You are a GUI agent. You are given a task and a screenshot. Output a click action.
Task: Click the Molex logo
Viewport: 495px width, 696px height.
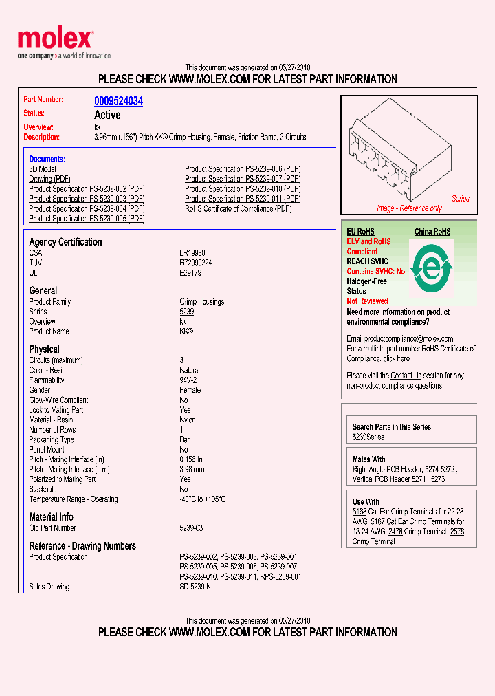pos(54,40)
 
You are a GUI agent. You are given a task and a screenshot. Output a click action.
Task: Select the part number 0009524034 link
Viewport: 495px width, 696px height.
pos(118,101)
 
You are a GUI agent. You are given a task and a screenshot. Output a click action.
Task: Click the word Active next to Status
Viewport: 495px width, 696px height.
pos(107,115)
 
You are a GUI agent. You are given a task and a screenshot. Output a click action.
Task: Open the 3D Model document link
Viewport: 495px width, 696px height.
pos(43,169)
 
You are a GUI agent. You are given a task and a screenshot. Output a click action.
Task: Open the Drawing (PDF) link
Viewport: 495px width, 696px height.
pos(49,179)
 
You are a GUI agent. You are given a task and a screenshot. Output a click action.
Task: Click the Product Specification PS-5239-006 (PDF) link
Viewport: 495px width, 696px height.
pos(243,169)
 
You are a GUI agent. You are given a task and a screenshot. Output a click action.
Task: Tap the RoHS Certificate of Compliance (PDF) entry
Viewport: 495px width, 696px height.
pos(238,208)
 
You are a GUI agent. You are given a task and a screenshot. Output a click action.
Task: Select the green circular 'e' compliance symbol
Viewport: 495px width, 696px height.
pos(431,267)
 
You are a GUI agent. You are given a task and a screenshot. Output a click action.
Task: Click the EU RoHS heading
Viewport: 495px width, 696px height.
pos(360,232)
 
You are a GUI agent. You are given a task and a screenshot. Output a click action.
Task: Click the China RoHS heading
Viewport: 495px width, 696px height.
pos(432,232)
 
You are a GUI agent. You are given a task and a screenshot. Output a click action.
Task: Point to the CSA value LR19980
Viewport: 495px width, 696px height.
pos(192,253)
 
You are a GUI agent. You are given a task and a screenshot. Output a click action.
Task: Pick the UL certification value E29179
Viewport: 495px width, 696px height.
pos(190,273)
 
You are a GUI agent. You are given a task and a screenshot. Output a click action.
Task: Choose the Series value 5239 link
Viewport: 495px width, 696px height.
pos(187,312)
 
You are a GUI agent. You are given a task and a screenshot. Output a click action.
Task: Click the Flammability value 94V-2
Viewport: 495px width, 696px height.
pos(189,380)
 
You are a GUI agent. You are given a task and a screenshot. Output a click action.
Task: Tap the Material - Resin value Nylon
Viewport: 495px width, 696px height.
pos(188,420)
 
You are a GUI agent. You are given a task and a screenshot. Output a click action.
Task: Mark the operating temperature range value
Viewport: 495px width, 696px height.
pos(203,499)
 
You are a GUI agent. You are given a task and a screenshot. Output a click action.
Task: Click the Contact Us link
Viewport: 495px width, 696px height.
pos(406,376)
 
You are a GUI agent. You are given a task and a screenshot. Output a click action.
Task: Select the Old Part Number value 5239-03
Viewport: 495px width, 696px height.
pos(191,528)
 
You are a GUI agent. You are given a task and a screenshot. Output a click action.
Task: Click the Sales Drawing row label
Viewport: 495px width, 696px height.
pos(49,587)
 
